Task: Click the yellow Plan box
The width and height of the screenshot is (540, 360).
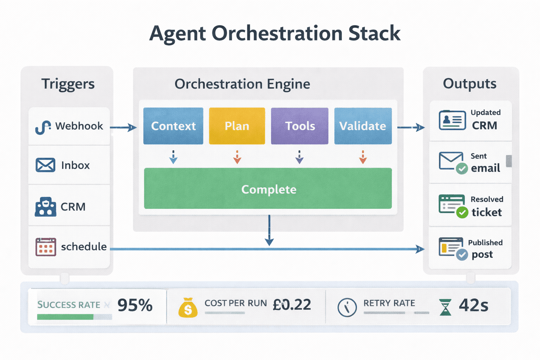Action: coord(237,126)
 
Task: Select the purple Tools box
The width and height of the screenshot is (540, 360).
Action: coord(300,126)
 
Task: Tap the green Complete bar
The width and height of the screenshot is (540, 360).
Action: coord(268,189)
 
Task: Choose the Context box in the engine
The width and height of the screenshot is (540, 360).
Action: coord(173,126)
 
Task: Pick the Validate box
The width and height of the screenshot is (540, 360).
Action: coord(363,126)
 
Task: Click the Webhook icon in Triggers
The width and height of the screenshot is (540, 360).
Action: coord(43,127)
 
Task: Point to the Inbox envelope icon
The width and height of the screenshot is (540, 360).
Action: coord(45,165)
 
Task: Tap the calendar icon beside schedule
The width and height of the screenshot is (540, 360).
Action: coord(46,247)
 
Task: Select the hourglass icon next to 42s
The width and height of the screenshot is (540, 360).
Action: coord(445,307)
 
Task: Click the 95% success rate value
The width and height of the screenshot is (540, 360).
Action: coord(135,305)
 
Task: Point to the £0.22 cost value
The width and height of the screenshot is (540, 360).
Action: coord(292,305)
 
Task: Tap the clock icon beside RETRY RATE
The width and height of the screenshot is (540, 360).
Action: coord(347,307)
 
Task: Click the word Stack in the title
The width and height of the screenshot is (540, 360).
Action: coord(374,34)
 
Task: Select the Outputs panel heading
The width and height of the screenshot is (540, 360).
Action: coord(470,84)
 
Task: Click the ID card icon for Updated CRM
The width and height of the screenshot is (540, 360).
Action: coord(452,120)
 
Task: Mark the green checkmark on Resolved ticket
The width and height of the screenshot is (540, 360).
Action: coord(462,212)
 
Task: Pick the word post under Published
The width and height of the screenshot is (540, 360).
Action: coord(482,255)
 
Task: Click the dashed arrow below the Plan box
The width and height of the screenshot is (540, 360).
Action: coord(237,157)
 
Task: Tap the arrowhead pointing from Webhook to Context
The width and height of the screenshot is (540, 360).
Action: coord(133,127)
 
